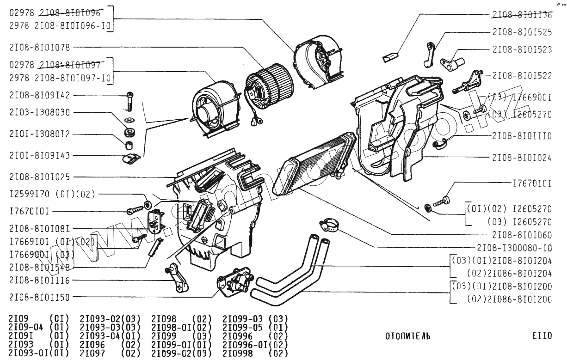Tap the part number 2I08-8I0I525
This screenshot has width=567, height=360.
522,32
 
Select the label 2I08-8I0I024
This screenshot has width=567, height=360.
522,158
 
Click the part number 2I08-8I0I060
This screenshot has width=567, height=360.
522,234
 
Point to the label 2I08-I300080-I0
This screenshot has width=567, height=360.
515,247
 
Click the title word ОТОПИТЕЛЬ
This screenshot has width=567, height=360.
407,336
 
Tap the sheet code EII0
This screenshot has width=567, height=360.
542,336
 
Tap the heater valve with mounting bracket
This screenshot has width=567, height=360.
236,281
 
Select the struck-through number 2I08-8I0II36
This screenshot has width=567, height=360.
522,15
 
